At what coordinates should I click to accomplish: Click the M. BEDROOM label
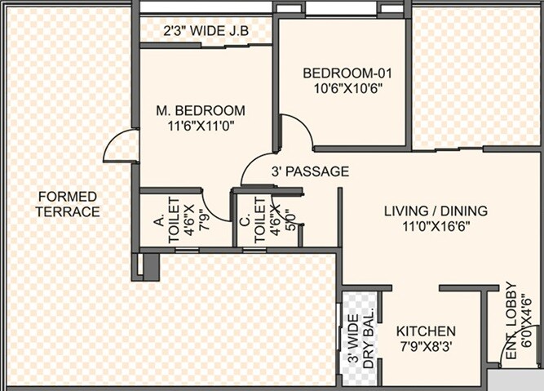pyautogui.click(x=201, y=110)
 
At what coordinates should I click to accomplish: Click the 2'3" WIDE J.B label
pyautogui.click(x=206, y=32)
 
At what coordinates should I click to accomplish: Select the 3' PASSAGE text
pyautogui.click(x=310, y=172)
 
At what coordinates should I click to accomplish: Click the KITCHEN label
pyautogui.click(x=426, y=331)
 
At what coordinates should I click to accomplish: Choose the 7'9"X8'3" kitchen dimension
pyautogui.click(x=426, y=347)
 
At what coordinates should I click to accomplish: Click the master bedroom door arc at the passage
pyautogui.click(x=257, y=167)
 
